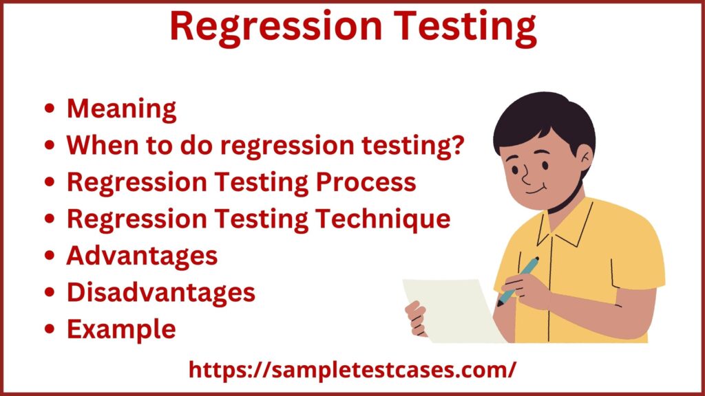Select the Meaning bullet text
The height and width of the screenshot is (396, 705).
pos(121,109)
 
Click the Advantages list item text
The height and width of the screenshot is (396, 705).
pos(142,256)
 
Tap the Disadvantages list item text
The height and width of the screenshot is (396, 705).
pos(160,292)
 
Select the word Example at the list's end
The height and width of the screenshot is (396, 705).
pos(121,329)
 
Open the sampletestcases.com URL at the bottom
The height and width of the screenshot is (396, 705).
pos(352,369)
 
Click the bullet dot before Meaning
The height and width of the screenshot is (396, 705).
pos(50,110)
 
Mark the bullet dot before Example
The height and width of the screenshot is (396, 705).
pos(50,330)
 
